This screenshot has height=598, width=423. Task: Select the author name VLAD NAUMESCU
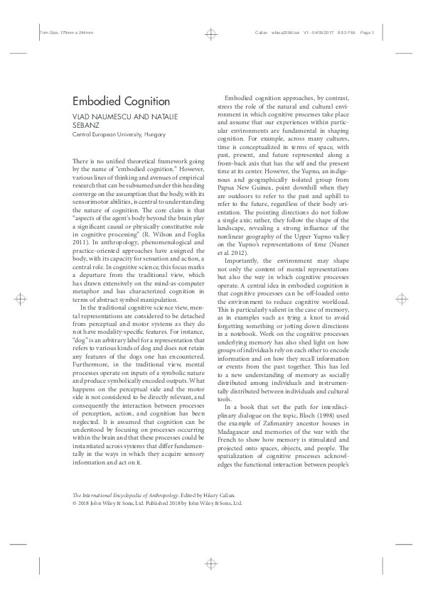pyautogui.click(x=100, y=116)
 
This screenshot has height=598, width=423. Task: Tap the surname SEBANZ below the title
pyautogui.click(x=87, y=125)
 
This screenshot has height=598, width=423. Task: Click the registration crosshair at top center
pyautogui.click(x=211, y=32)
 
